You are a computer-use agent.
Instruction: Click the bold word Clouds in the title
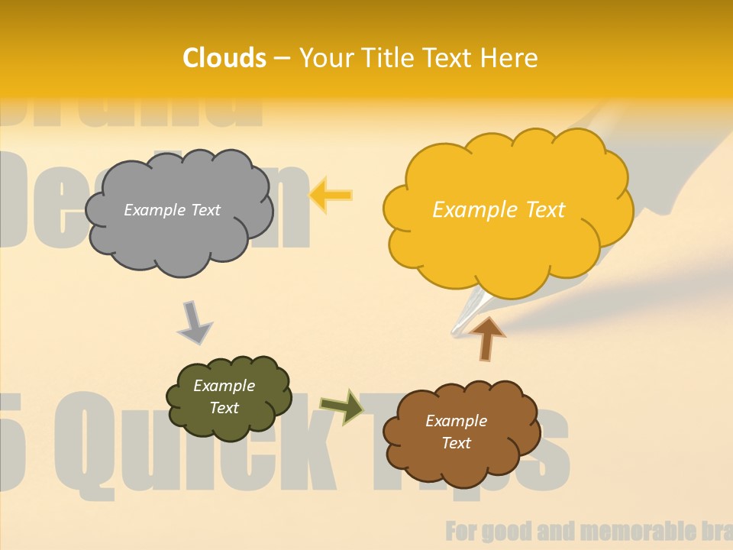[224, 58]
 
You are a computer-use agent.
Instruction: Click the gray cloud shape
[179, 229]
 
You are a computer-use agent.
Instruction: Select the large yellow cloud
[507, 237]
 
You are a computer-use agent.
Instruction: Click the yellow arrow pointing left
[330, 196]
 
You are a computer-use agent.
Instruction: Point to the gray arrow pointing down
[194, 322]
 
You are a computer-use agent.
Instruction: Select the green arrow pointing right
[342, 406]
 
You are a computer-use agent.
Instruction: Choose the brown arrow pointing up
[487, 338]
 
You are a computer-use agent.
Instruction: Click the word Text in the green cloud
[224, 408]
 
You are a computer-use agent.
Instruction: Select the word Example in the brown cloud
[456, 421]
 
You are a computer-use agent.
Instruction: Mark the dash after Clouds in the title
[282, 59]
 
